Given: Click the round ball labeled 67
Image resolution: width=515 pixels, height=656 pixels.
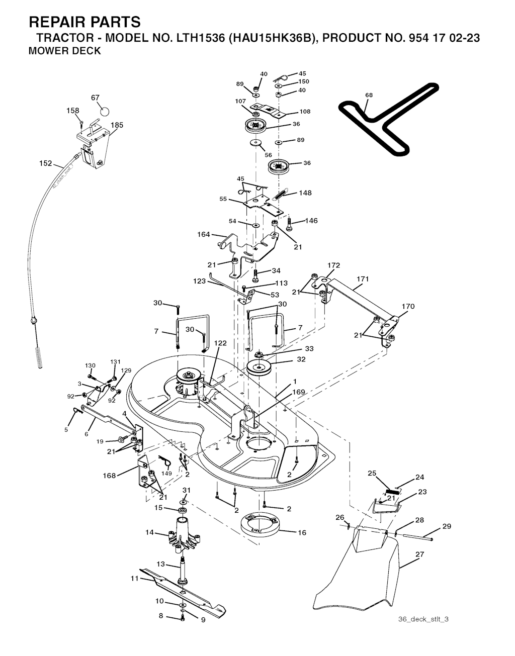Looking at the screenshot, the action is pyautogui.click(x=105, y=111).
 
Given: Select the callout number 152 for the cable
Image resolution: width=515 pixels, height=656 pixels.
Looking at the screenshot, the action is pyautogui.click(x=46, y=163).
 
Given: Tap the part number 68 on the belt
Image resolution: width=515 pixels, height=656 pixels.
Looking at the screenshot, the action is pyautogui.click(x=369, y=95).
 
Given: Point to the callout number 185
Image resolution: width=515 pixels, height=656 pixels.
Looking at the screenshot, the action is pyautogui.click(x=117, y=125).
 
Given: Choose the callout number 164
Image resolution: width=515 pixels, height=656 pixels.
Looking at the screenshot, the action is pyautogui.click(x=204, y=234).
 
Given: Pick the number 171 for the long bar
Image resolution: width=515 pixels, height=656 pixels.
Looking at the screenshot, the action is pyautogui.click(x=363, y=279).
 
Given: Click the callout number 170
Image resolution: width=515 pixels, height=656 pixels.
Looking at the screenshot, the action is pyautogui.click(x=408, y=306).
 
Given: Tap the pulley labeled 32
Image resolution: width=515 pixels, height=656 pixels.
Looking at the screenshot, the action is pyautogui.click(x=260, y=367).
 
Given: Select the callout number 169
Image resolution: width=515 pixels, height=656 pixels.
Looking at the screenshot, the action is pyautogui.click(x=298, y=392).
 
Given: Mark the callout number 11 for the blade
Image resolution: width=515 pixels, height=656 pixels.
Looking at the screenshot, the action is pyautogui.click(x=135, y=579).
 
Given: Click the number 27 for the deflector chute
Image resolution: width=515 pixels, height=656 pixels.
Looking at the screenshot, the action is pyautogui.click(x=420, y=554).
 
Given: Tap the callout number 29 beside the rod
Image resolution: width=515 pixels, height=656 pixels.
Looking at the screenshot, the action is pyautogui.click(x=447, y=526).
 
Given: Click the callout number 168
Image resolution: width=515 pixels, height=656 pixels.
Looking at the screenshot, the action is pyautogui.click(x=109, y=476).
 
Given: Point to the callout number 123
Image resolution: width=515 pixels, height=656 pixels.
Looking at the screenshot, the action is pyautogui.click(x=199, y=281).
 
